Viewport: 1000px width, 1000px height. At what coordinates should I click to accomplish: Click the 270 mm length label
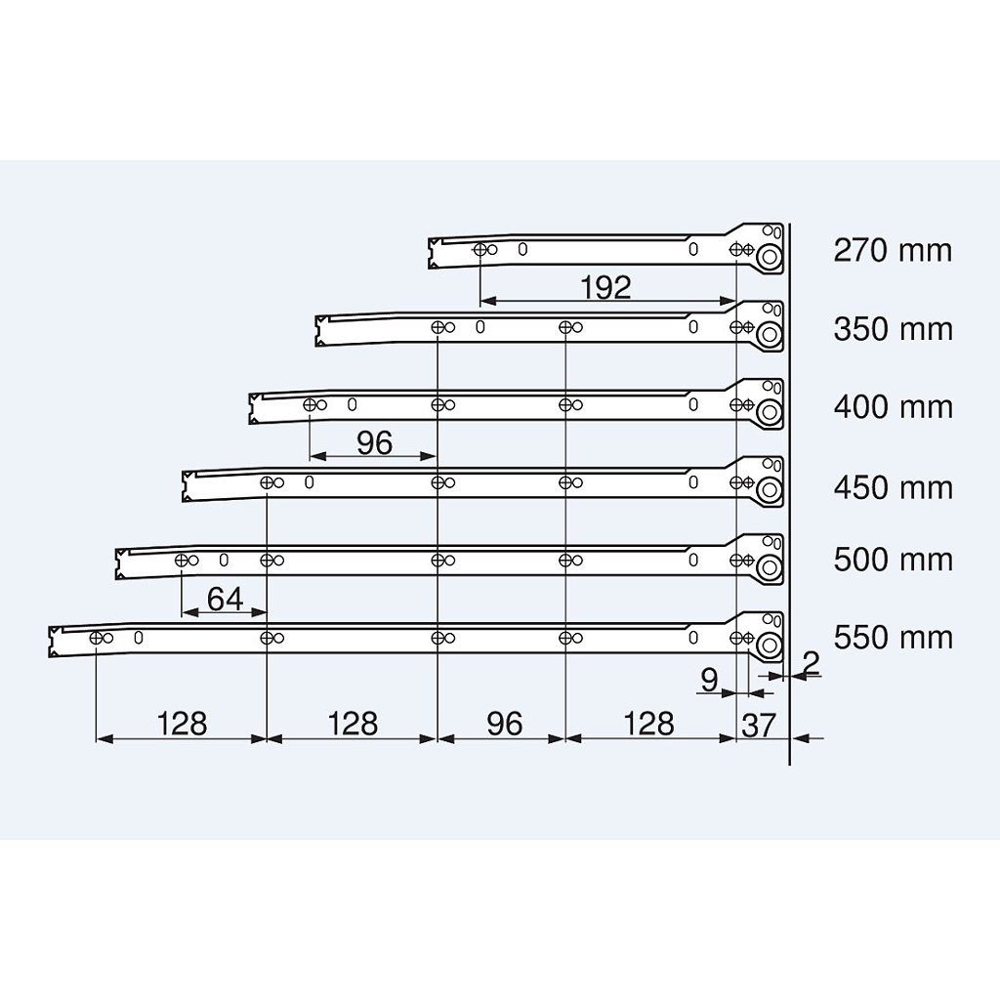(x=893, y=250)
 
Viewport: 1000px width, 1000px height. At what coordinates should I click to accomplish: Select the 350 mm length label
(x=893, y=329)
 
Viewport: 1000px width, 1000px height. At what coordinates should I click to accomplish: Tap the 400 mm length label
(x=893, y=407)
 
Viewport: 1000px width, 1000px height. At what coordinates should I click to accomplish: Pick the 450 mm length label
(x=893, y=488)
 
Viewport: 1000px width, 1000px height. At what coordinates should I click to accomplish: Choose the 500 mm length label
(x=893, y=560)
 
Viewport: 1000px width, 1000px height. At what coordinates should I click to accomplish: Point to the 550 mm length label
(x=893, y=637)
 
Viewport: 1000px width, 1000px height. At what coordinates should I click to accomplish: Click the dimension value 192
(x=605, y=288)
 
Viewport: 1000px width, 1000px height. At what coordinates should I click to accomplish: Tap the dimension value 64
(x=226, y=599)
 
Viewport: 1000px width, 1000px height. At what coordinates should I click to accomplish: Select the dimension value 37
(x=758, y=726)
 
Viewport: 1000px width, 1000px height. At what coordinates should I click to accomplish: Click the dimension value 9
(x=709, y=680)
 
